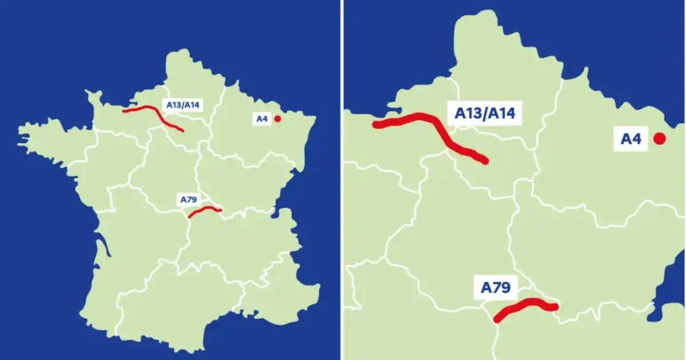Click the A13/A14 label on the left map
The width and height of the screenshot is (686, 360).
(185, 105)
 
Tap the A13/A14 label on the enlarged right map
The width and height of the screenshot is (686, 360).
(485, 113)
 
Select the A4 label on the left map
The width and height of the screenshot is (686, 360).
(262, 119)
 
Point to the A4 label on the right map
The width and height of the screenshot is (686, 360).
(631, 138)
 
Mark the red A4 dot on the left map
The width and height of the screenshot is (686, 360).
(277, 119)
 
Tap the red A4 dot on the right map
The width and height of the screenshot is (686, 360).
(659, 138)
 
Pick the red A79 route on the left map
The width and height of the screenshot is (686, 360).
(205, 210)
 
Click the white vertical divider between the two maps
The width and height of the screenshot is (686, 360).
(342, 180)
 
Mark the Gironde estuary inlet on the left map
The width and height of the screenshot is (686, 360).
(102, 247)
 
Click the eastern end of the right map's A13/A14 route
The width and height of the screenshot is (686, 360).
(485, 161)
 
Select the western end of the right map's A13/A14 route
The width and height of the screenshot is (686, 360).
(376, 124)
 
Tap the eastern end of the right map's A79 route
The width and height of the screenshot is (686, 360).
(554, 307)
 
